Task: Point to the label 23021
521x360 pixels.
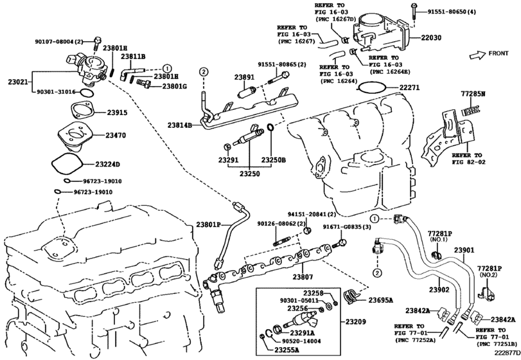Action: click(x=18, y=82)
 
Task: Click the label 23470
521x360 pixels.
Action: click(x=116, y=136)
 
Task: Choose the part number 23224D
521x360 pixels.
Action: click(x=117, y=165)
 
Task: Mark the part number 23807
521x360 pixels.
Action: click(x=303, y=277)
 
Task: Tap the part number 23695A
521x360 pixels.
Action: click(x=380, y=300)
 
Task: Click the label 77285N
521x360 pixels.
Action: click(x=473, y=94)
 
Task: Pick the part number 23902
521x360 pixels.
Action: click(x=438, y=290)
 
